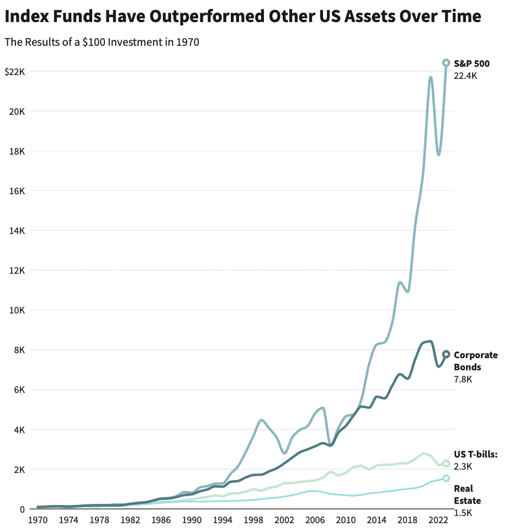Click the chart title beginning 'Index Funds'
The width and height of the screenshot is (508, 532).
coord(242,17)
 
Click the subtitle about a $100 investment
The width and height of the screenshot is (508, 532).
coord(102,42)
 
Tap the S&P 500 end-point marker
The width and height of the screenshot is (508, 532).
coord(446,63)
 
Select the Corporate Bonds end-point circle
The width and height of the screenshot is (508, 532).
coord(446,354)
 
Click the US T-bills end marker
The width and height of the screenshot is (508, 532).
coord(446,463)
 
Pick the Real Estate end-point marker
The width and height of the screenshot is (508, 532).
coord(446,478)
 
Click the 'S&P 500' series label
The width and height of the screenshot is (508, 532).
coord(471,63)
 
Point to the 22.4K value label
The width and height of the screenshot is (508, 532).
coord(465,76)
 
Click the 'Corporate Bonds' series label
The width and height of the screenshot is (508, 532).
coord(475,361)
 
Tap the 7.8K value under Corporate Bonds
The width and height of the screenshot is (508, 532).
coord(463,379)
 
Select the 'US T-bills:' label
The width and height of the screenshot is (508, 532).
coord(475,454)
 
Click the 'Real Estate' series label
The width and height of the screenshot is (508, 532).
coord(467,494)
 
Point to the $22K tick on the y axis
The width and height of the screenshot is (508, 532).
coord(15,72)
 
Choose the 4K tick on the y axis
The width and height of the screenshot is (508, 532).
coord(19,429)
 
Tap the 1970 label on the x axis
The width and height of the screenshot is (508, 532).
coord(38,520)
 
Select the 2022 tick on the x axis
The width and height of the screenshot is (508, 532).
coord(438,520)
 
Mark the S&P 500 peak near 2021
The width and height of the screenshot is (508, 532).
coord(431,77)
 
